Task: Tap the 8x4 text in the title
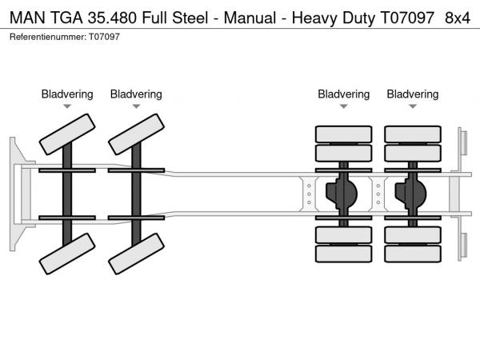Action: (457, 18)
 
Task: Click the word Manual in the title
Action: (238, 18)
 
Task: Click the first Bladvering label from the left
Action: (67, 94)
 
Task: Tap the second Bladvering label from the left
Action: (136, 94)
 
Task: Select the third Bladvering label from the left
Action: (344, 94)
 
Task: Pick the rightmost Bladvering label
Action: (413, 94)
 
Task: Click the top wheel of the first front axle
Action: (67, 133)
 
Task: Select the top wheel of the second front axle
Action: (136, 133)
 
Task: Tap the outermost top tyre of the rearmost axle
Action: (413, 134)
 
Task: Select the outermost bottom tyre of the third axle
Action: (344, 254)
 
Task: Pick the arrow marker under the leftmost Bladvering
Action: (67, 106)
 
